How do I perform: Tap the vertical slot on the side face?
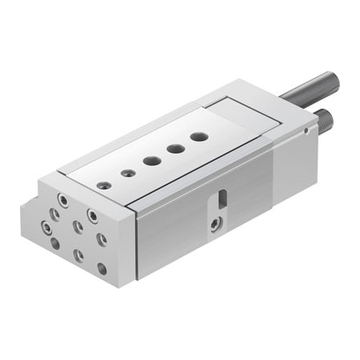click(222, 198)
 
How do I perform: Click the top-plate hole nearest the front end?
click(104, 186)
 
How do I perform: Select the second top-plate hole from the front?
click(126, 173)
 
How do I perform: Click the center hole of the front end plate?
click(78, 226)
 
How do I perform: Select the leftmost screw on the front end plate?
click(52, 214)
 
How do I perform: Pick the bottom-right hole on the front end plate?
click(102, 269)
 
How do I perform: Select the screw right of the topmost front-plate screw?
click(94, 215)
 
